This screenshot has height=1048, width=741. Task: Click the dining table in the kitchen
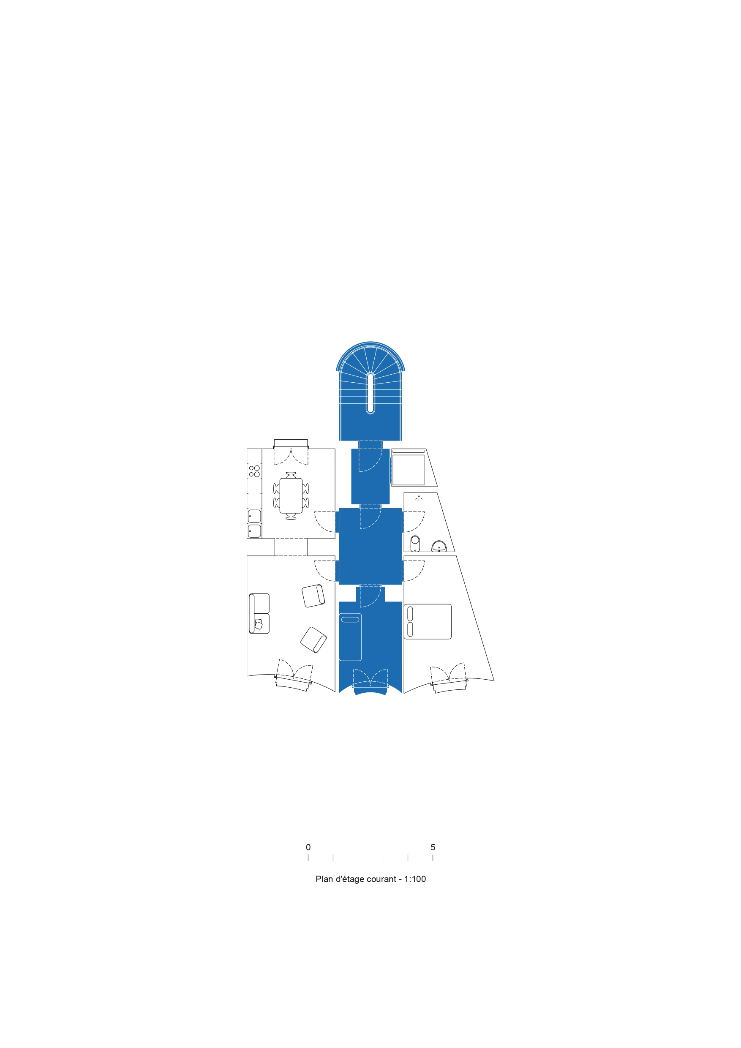pyautogui.click(x=291, y=496)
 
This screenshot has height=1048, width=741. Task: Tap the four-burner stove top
pyautogui.click(x=254, y=471)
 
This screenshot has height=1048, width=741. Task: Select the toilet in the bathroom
pyautogui.click(x=414, y=543)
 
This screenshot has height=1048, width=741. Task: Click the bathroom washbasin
pyautogui.click(x=439, y=546)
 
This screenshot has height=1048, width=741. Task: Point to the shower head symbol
pyautogui.click(x=419, y=498)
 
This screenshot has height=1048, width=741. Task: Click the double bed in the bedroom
pyautogui.click(x=428, y=622)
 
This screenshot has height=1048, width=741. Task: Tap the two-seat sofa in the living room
pyautogui.click(x=259, y=613)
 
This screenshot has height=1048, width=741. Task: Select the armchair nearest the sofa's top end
pyautogui.click(x=313, y=596)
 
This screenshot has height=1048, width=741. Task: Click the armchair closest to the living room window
pyautogui.click(x=313, y=640)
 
